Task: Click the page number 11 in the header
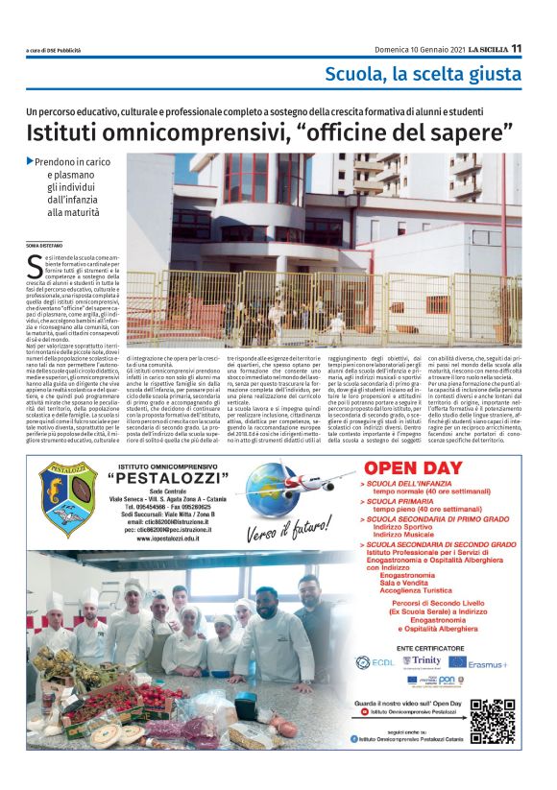click(516, 49)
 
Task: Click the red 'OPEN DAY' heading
click(409, 469)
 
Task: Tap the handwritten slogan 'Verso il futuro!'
click(282, 533)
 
